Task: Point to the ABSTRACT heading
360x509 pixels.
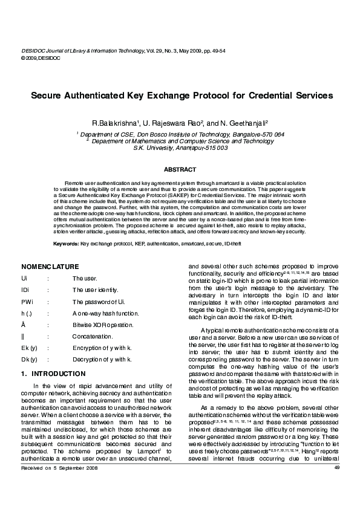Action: point(180,170)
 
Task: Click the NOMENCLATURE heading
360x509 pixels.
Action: point(50,267)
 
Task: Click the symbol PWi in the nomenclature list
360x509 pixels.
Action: point(27,301)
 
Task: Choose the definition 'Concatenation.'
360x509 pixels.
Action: point(93,336)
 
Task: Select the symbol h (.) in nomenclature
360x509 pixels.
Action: point(28,313)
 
